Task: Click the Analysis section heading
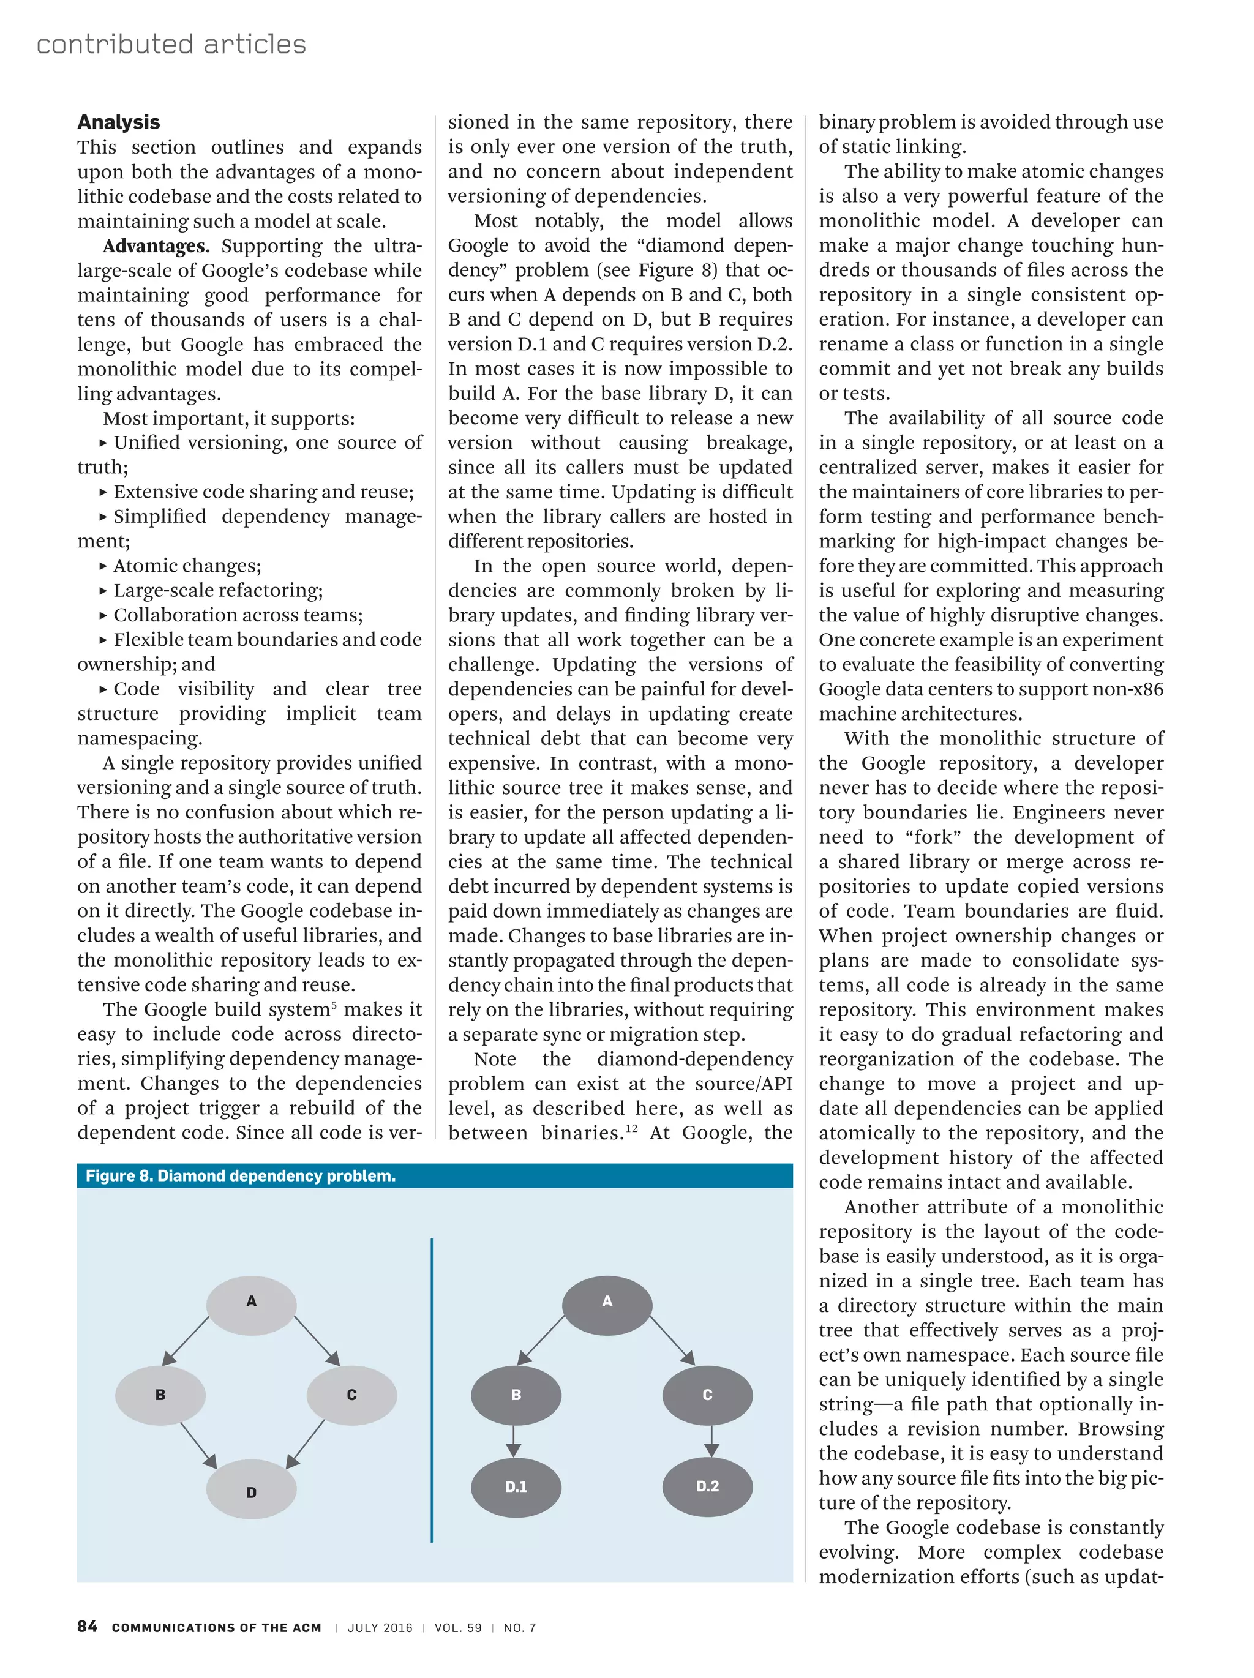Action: click(118, 122)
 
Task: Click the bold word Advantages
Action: click(156, 245)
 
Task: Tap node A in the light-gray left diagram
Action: click(251, 1301)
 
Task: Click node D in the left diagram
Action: click(251, 1491)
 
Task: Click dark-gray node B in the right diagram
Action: click(516, 1395)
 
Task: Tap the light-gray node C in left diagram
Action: click(351, 1395)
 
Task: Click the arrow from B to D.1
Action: click(514, 1440)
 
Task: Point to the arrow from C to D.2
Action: click(711, 1440)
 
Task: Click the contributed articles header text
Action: click(171, 44)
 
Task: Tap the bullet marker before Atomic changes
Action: click(103, 566)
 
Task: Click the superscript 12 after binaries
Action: click(631, 1128)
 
